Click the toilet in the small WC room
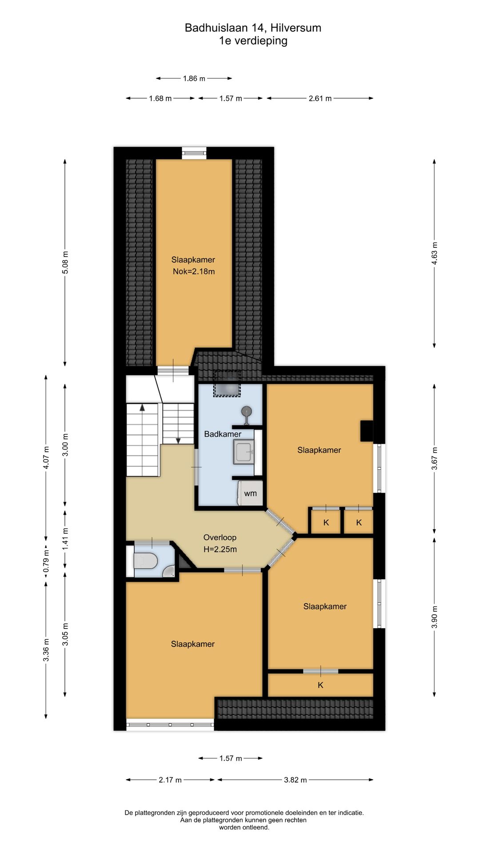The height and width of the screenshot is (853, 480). [x=145, y=561]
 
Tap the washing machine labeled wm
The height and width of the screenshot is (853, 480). [x=250, y=493]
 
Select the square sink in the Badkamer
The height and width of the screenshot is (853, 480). [x=244, y=452]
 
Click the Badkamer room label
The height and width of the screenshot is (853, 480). [x=223, y=434]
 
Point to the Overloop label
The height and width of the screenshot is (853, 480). [x=220, y=538]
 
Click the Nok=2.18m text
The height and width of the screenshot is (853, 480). [x=194, y=271]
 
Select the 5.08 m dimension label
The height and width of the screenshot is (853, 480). [x=65, y=263]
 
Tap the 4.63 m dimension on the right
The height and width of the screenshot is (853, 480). [x=434, y=253]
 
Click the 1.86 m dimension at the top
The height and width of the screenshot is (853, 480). [x=194, y=79]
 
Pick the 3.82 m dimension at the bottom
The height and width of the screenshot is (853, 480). [x=296, y=780]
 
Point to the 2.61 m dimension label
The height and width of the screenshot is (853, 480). [x=320, y=98]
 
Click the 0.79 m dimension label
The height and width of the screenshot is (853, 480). [x=46, y=561]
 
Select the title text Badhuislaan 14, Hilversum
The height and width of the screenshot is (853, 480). [x=253, y=28]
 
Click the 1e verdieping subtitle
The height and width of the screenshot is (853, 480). [x=253, y=41]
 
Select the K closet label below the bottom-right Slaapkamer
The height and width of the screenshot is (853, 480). [x=320, y=685]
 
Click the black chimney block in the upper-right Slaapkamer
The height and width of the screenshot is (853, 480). [x=367, y=431]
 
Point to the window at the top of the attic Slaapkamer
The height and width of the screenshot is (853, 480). [x=194, y=153]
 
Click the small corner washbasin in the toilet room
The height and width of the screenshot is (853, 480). [x=169, y=571]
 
